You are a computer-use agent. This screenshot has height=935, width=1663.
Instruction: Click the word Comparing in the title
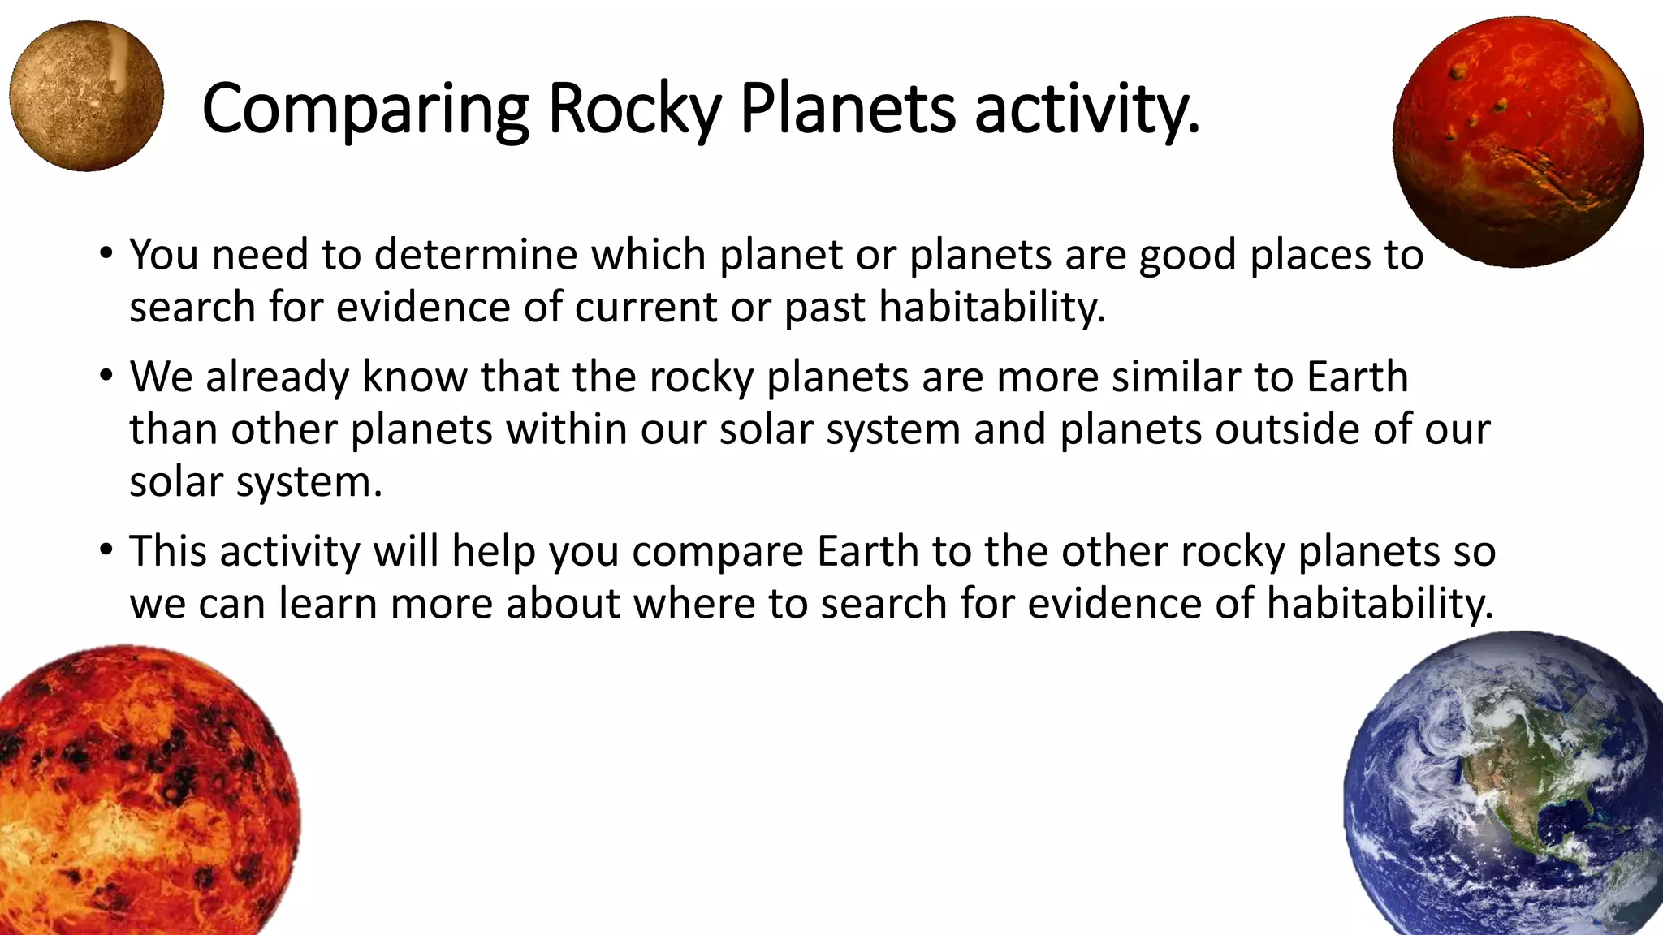pos(365,110)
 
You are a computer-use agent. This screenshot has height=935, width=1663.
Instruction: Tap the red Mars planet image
pos(1517,143)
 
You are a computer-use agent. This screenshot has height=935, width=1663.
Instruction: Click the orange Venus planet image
pos(138,795)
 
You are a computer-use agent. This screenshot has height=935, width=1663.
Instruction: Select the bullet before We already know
pos(105,377)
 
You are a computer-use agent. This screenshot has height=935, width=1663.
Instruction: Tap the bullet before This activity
pos(105,551)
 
